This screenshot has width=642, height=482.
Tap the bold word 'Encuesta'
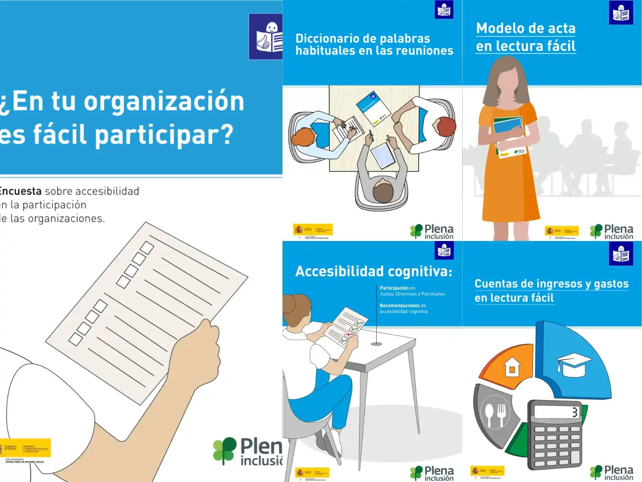point(21,191)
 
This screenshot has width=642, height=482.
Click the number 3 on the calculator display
point(575,412)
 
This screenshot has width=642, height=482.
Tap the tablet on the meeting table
point(383,156)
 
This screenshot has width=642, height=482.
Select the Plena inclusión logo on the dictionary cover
point(432,232)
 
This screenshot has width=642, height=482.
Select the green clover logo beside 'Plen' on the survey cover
point(224,450)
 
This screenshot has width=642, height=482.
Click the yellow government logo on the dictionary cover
point(313,230)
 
